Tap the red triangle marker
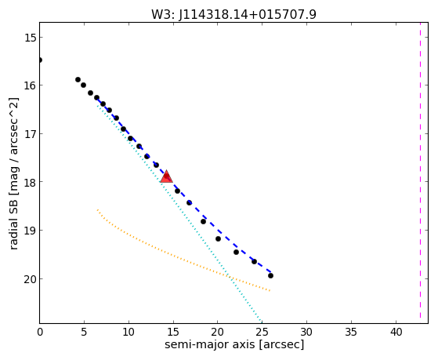[x=166, y=176]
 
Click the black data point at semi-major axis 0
[x=40, y=60]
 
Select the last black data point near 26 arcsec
[x=270, y=275]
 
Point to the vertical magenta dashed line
[x=420, y=173]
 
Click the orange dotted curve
[x=179, y=257]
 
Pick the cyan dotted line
[x=179, y=213]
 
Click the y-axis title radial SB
[x=14, y=173]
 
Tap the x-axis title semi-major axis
[x=234, y=344]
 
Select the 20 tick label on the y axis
[x=29, y=279]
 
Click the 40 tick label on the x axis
[x=396, y=332]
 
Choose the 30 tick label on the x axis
[x=306, y=332]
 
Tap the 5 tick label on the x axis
[x=84, y=332]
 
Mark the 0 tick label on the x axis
[x=40, y=332]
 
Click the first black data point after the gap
[x=78, y=79]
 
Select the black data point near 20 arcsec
[x=218, y=238]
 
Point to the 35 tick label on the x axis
[x=351, y=332]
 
